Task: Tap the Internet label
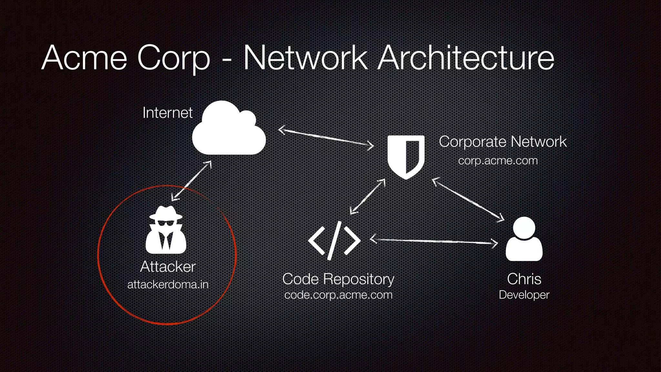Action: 167,113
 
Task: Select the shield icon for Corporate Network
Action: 406,157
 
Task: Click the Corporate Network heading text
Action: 503,142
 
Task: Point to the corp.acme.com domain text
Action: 498,160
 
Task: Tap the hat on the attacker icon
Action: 166,213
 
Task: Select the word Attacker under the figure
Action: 168,267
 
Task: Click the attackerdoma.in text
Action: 168,284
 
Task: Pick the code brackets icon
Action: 334,241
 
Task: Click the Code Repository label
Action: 338,279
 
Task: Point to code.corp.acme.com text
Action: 338,295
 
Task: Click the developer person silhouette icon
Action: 524,239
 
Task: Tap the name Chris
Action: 524,279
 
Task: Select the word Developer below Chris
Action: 524,295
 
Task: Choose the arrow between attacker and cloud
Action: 191,181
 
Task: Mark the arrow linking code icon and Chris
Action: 433,241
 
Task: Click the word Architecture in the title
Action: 466,58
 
